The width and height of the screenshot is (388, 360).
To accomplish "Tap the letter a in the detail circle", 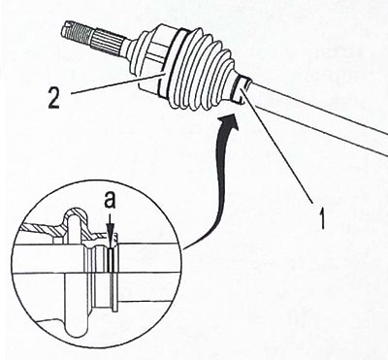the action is pos(110,202).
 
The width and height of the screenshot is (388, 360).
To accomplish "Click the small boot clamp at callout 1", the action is pos(241,90).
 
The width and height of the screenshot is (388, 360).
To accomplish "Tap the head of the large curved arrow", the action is pos(231,121).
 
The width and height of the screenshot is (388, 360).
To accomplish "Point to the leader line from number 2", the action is pos(116,83).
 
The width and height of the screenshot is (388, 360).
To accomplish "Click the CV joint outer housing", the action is pos(147,58).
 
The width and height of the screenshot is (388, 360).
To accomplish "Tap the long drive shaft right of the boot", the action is pos(318,114).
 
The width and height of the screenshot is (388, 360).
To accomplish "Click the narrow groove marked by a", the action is pos(111,260).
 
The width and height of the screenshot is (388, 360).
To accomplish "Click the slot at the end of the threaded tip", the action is pos(66,25).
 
